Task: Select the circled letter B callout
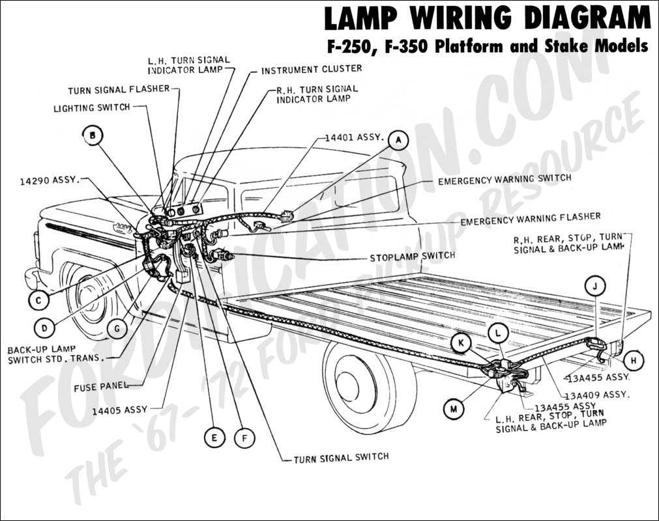click(x=93, y=135)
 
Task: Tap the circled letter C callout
click(x=39, y=300)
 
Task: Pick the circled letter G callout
click(x=117, y=329)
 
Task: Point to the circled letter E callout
click(x=214, y=438)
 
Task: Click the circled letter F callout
click(x=244, y=438)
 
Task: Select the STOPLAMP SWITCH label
click(x=413, y=256)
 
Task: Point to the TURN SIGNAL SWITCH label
click(x=341, y=457)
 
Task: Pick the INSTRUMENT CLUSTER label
click(x=312, y=69)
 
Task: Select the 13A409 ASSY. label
click(x=597, y=395)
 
